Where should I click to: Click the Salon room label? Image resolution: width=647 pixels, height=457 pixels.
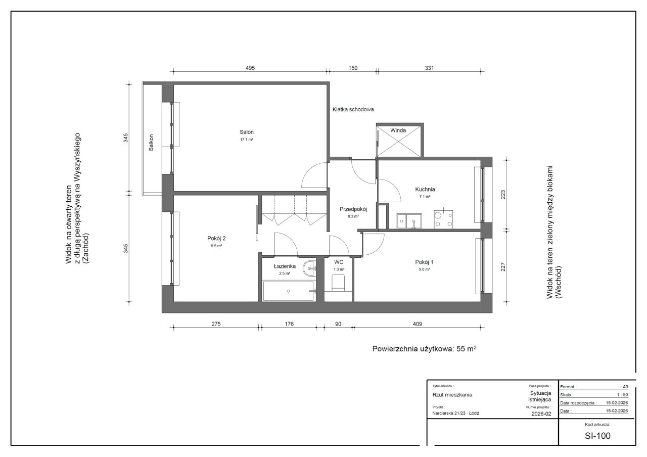pyautogui.click(x=246, y=132)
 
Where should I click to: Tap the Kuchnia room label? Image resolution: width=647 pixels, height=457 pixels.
pyautogui.click(x=425, y=189)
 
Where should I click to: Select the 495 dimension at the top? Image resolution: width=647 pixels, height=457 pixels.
pyautogui.click(x=250, y=68)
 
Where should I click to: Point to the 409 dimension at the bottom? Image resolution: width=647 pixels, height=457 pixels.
pyautogui.click(x=417, y=324)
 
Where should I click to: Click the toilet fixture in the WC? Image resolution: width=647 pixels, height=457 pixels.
pyautogui.click(x=338, y=283)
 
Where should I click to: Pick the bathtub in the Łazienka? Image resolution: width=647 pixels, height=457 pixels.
pyautogui.click(x=288, y=291)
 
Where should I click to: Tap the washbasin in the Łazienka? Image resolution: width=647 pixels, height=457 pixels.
pyautogui.click(x=310, y=268)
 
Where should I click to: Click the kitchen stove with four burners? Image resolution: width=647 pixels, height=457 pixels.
pyautogui.click(x=443, y=219)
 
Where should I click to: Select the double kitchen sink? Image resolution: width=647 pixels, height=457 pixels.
pyautogui.click(x=409, y=221)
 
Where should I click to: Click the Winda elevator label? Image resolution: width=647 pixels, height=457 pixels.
pyautogui.click(x=398, y=130)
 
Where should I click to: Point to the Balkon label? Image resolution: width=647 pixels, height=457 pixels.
pyautogui.click(x=151, y=143)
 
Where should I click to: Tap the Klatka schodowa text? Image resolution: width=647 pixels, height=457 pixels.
pyautogui.click(x=353, y=110)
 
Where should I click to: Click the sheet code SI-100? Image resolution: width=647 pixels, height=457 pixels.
pyautogui.click(x=597, y=436)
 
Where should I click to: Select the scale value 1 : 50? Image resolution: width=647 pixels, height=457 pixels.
pyautogui.click(x=622, y=395)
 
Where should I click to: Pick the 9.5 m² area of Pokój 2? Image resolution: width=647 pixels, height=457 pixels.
pyautogui.click(x=216, y=246)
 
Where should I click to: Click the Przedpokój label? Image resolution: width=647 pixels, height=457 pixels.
pyautogui.click(x=353, y=209)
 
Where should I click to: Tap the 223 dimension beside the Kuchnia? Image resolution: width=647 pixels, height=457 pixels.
pyautogui.click(x=503, y=195)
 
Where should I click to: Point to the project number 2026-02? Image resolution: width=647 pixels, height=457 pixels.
pyautogui.click(x=541, y=414)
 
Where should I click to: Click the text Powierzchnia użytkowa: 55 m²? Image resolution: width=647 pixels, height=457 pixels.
pyautogui.click(x=424, y=349)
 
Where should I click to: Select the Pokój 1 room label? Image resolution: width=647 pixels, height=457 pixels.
pyautogui.click(x=424, y=262)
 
